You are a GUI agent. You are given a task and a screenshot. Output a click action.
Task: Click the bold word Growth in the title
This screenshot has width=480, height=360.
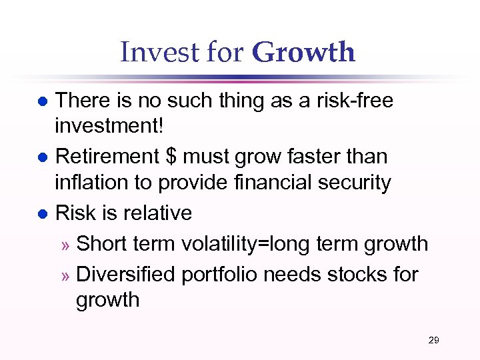(x=304, y=53)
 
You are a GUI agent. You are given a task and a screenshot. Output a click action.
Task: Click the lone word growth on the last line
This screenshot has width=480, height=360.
(x=107, y=301)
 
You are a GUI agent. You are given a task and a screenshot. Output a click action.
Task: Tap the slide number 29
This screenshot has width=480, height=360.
(x=433, y=341)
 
